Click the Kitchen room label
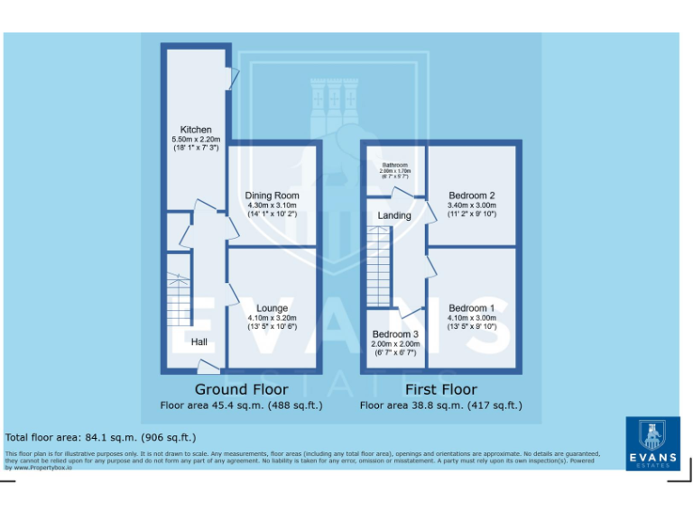pyautogui.click(x=196, y=130)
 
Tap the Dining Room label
pyautogui.click(x=272, y=196)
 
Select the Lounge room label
pyautogui.click(x=272, y=308)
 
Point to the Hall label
pyautogui.click(x=199, y=342)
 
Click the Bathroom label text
pyautogui.click(x=394, y=165)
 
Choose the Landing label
pyautogui.click(x=394, y=215)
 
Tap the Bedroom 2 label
pyautogui.click(x=472, y=196)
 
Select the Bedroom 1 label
pyautogui.click(x=472, y=308)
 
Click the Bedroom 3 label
pyautogui.click(x=395, y=334)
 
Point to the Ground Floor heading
pyautogui.click(x=242, y=389)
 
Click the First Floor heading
pyautogui.click(x=440, y=389)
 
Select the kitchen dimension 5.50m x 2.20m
pyautogui.click(x=196, y=140)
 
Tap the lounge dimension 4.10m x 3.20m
pyautogui.click(x=272, y=318)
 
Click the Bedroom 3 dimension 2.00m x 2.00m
pyautogui.click(x=395, y=344)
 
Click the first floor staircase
pyautogui.click(x=378, y=267)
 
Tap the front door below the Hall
pyautogui.click(x=208, y=366)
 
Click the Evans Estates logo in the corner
pyautogui.click(x=652, y=442)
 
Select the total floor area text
pyautogui.click(x=100, y=437)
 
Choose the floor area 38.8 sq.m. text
pyautogui.click(x=440, y=405)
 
